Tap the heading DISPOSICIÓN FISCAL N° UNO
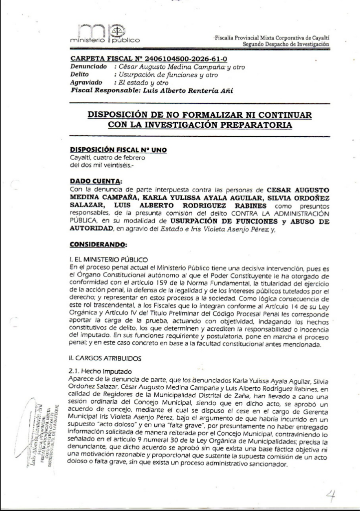point(118,149)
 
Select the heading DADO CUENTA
point(95,181)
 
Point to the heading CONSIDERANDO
point(99,245)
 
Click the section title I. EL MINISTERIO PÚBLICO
point(108,259)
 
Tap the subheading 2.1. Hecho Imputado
point(100,372)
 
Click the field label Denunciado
point(89,66)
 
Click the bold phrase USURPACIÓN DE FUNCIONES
point(210,220)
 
